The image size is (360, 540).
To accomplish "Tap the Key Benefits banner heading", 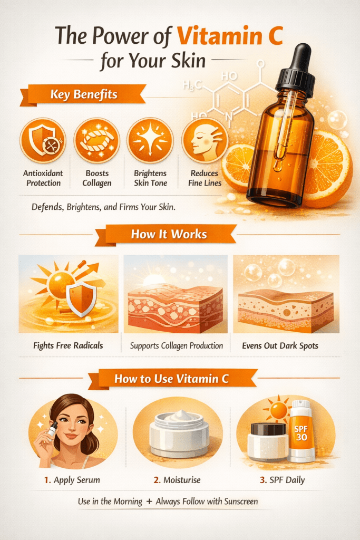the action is [84, 94].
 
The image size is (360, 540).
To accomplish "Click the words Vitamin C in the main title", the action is [230, 36].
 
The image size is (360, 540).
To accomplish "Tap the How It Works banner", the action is [169, 235].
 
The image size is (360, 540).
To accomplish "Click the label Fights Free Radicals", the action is [68, 345].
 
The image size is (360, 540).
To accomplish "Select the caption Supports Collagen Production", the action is [176, 346].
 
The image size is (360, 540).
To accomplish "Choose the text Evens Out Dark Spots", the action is [280, 345].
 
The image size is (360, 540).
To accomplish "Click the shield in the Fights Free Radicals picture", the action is [81, 299].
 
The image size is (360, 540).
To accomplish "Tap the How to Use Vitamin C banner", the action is [171, 379].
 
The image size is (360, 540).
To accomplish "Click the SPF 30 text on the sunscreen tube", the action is [301, 433].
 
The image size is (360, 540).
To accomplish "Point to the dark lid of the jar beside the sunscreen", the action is [268, 429].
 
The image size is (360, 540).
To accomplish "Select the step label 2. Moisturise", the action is [177, 480].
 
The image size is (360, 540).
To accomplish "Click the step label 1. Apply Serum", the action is [72, 480].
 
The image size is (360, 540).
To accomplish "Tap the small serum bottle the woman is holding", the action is [52, 430].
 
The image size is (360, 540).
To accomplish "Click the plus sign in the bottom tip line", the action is [149, 502].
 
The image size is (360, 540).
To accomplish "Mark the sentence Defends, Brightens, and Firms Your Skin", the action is [104, 207].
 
